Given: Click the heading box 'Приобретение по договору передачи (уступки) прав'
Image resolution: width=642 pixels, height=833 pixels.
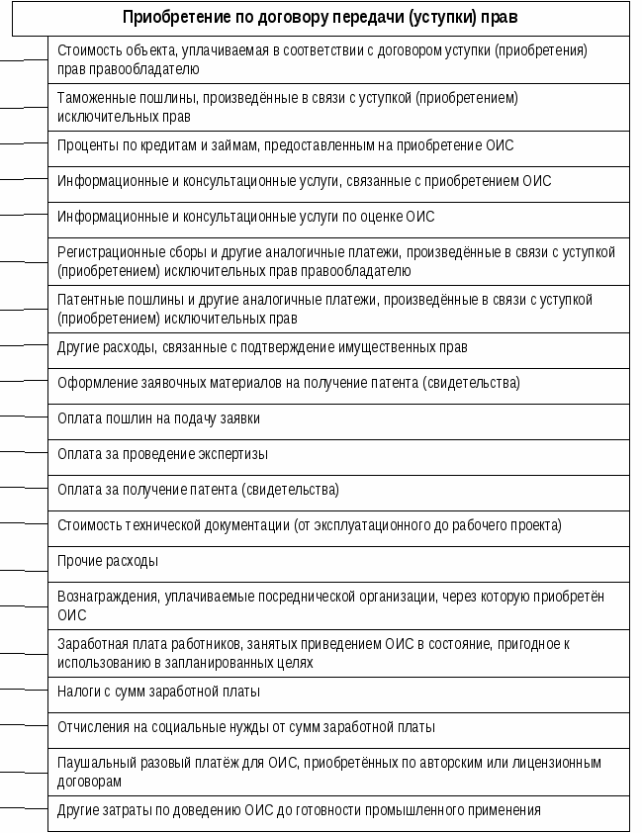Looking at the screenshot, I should click(320, 18).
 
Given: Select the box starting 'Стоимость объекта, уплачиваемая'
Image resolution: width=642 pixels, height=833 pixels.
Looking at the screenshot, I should click(337, 59).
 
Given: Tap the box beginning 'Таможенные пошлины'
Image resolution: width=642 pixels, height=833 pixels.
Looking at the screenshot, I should click(337, 107).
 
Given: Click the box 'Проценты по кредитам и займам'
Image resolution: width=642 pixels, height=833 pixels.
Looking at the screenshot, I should click(337, 146).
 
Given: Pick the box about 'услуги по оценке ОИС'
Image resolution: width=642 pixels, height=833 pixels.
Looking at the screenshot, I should click(337, 217).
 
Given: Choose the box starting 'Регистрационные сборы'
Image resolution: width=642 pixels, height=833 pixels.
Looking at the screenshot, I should click(337, 261).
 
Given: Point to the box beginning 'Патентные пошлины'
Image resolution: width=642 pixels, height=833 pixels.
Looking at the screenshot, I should click(337, 309).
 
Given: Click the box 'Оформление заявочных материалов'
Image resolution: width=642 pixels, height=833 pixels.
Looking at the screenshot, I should click(337, 383).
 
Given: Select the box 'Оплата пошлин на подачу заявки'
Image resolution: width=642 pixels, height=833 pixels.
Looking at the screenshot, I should click(337, 418).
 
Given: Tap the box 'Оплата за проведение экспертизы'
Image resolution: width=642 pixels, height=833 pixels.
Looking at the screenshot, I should click(337, 454).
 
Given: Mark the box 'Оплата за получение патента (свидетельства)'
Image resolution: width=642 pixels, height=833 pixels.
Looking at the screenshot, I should click(337, 490).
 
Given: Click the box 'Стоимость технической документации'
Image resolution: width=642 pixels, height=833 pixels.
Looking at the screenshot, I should click(337, 525).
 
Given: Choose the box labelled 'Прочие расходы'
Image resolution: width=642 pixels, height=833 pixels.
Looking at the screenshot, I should click(337, 561).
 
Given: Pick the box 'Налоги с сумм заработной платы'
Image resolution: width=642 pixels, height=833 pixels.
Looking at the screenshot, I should click(337, 692).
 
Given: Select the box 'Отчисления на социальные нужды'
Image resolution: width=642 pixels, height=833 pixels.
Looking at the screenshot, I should click(337, 727).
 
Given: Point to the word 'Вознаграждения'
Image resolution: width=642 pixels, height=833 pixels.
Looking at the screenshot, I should click(103, 597).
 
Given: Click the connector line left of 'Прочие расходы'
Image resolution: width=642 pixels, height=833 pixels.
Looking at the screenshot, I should click(24, 571).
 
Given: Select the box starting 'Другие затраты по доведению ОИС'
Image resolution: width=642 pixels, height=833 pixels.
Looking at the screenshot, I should click(337, 811).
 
